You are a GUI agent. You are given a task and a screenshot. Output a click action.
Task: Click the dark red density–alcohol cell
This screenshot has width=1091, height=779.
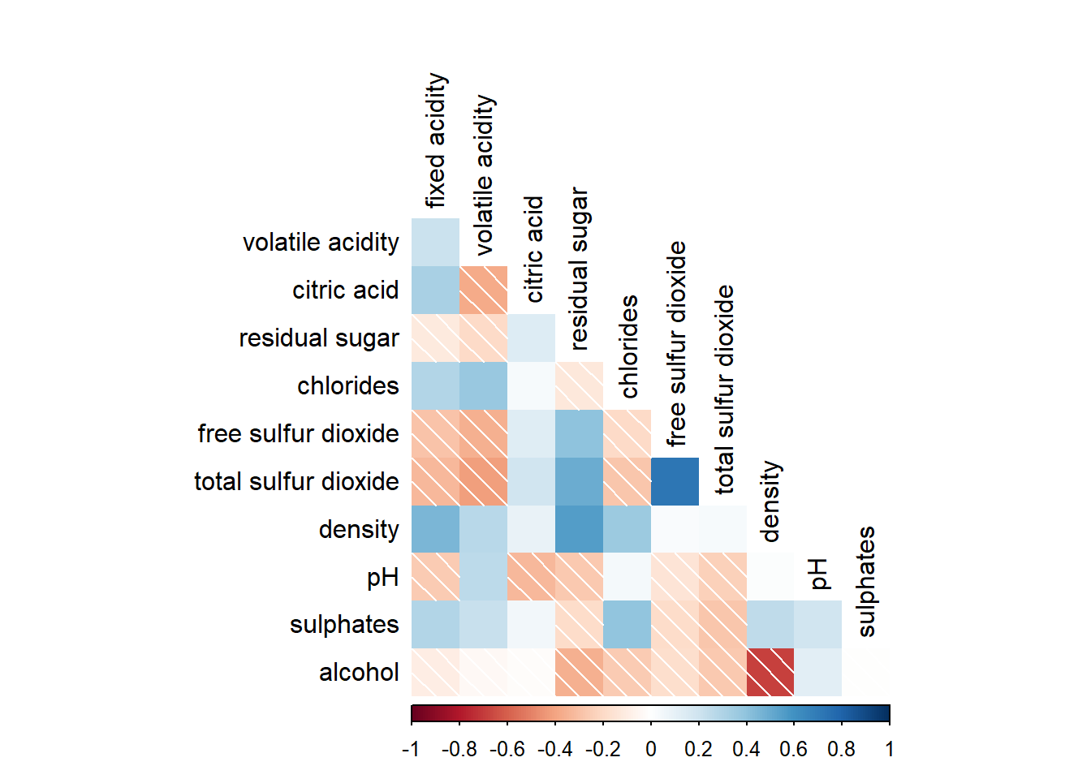pyautogui.click(x=770, y=672)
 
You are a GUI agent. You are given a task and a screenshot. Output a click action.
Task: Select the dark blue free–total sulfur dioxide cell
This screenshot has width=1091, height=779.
pyautogui.click(x=675, y=481)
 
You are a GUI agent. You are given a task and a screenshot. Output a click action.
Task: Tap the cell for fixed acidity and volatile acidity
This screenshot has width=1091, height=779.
pyautogui.click(x=435, y=242)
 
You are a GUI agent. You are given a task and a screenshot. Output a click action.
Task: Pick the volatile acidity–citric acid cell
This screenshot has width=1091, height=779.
pyautogui.click(x=483, y=290)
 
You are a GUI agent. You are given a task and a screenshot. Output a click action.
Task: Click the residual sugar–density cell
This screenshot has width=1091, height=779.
pyautogui.click(x=579, y=529)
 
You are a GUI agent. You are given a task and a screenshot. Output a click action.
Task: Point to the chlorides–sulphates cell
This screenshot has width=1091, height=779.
pyautogui.click(x=627, y=624)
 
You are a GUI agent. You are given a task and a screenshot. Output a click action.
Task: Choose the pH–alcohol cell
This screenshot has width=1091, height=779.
pyautogui.click(x=817, y=672)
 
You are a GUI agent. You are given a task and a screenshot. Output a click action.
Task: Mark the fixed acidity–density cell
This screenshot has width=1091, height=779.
pyautogui.click(x=435, y=529)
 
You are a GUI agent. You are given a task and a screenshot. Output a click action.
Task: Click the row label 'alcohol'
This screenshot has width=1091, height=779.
pyautogui.click(x=359, y=673)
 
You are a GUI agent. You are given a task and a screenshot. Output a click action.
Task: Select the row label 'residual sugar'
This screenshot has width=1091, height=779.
pyautogui.click(x=319, y=338)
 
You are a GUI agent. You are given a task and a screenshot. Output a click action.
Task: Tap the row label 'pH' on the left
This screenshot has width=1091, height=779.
pyautogui.click(x=382, y=577)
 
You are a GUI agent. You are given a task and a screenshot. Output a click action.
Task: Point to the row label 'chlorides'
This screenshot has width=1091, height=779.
pyautogui.click(x=348, y=385)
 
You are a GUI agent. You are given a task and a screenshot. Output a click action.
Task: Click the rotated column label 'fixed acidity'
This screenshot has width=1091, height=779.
pyautogui.click(x=436, y=140)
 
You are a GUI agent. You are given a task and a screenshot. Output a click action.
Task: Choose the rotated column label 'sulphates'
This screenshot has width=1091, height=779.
pyautogui.click(x=866, y=581)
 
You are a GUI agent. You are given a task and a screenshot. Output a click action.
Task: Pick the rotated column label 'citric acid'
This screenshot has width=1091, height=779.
pyautogui.click(x=533, y=249)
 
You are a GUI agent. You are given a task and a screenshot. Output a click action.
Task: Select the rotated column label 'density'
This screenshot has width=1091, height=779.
pyautogui.click(x=770, y=501)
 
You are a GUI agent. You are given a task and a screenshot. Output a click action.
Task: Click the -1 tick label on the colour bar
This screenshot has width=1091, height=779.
pyautogui.click(x=411, y=749)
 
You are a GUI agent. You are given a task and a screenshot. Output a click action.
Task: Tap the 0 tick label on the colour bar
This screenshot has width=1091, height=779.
pyautogui.click(x=651, y=749)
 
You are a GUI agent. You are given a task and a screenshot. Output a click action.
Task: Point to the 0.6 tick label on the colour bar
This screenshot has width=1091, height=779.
pyautogui.click(x=793, y=749)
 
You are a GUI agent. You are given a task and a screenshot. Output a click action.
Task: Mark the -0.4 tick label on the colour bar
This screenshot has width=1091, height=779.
pyautogui.click(x=554, y=749)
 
